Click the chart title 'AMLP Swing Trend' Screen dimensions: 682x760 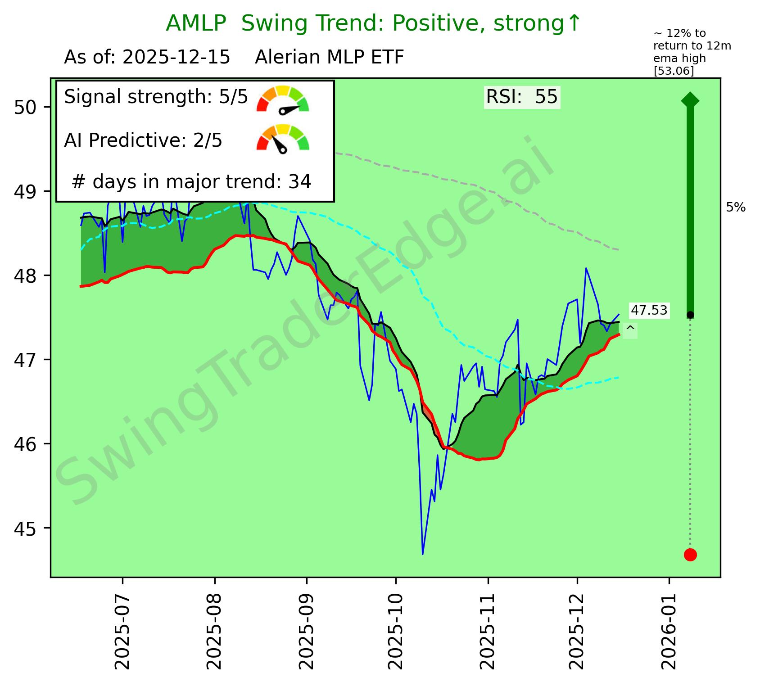coord(373,24)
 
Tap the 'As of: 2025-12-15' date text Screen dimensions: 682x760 coord(147,58)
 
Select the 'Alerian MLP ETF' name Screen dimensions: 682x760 coord(329,58)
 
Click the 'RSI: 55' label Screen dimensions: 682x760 coord(522,97)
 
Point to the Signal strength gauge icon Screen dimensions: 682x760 coord(283,99)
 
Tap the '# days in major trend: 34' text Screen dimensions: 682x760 coord(191,182)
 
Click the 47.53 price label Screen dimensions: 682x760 coord(649,310)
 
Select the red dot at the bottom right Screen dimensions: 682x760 coord(690,555)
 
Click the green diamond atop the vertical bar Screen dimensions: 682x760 coord(690,100)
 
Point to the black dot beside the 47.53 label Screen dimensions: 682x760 coord(690,315)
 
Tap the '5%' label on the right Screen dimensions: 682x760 coord(736,208)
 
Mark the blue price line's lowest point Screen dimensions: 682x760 coord(422,554)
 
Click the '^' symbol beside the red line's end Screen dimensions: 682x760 coord(630,330)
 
